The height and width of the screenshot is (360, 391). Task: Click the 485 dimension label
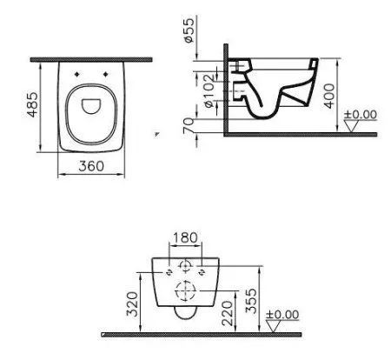(32, 104)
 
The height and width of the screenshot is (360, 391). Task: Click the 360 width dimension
(91, 166)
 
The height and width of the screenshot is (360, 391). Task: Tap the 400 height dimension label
(329, 96)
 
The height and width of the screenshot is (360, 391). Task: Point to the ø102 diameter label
(209, 91)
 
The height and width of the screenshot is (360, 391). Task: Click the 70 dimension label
(189, 125)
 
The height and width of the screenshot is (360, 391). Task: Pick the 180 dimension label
(185, 237)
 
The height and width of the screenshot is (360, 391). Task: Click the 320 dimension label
(132, 303)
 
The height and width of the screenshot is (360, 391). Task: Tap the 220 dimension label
(227, 313)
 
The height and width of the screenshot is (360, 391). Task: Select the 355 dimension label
(251, 301)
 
